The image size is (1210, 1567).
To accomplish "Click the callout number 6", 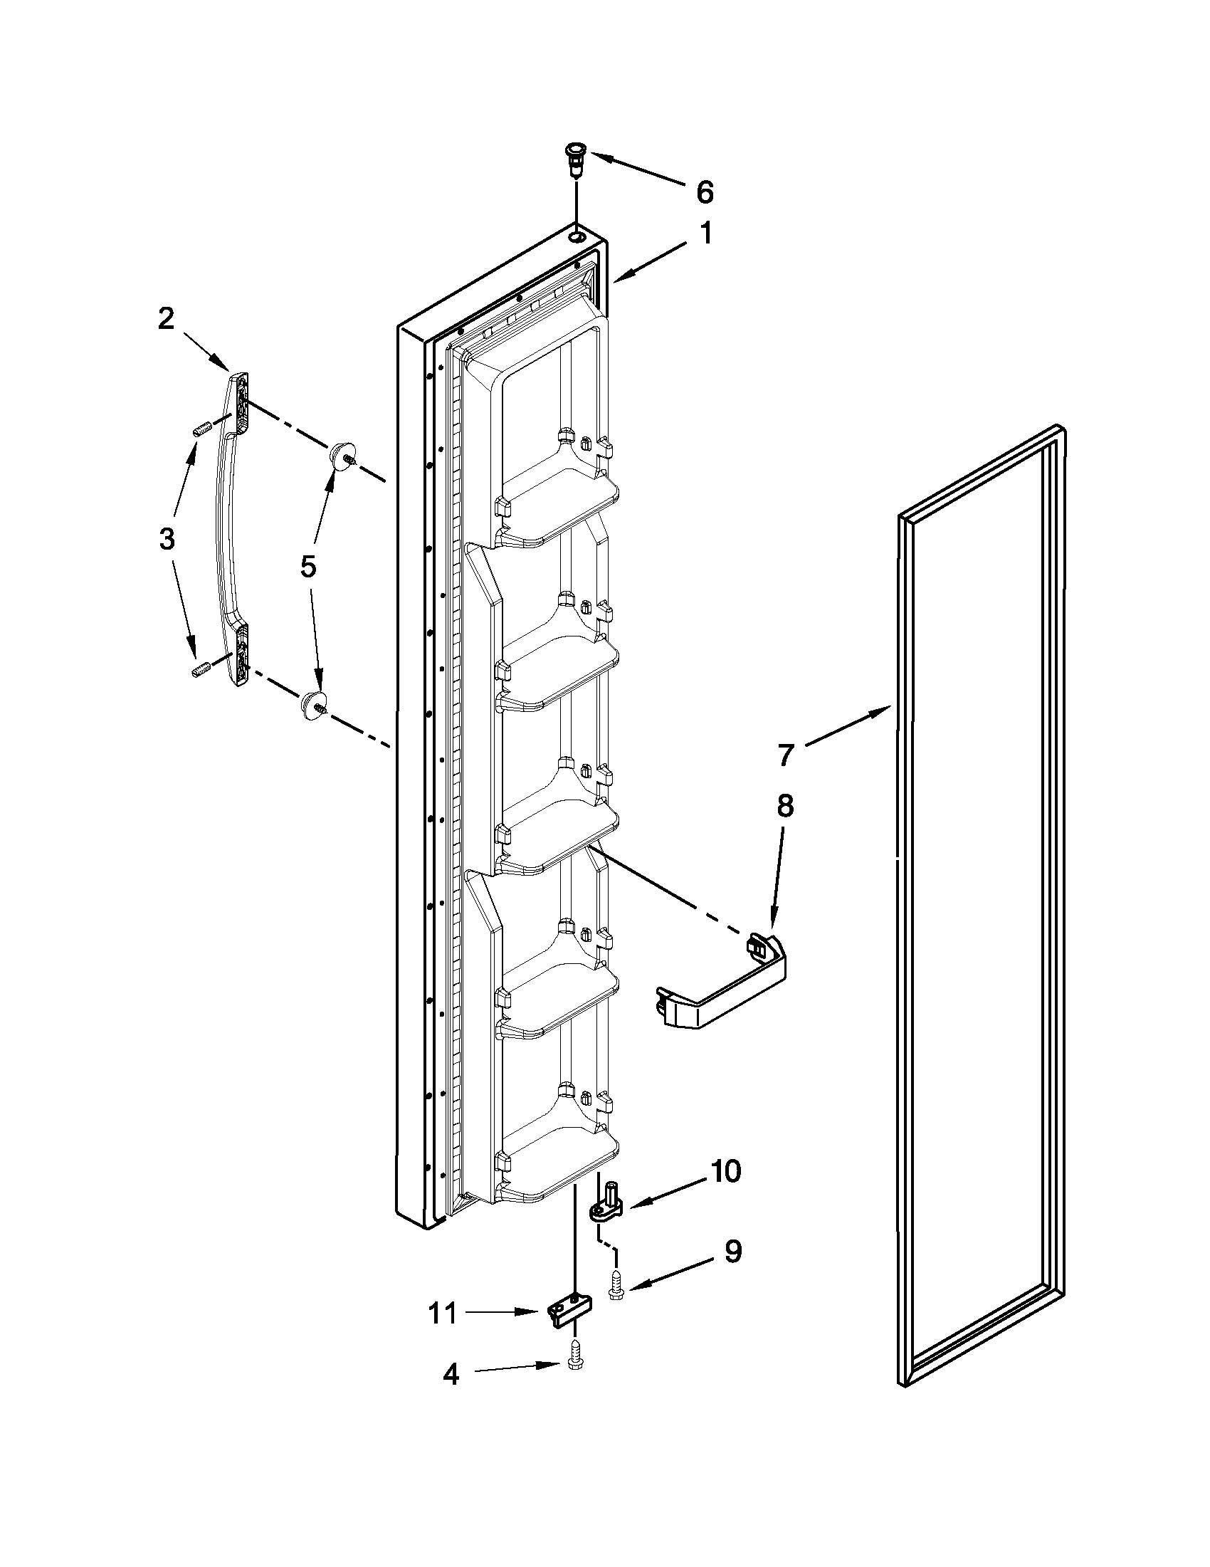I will (705, 192).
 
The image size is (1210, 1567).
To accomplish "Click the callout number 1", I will (706, 234).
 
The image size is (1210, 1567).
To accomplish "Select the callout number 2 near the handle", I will (166, 318).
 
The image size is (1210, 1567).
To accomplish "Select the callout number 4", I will (451, 1375).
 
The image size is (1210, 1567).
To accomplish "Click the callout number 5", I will (307, 567).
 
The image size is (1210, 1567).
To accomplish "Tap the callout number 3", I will (167, 538).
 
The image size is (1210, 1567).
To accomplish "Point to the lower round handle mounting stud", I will (312, 704).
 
